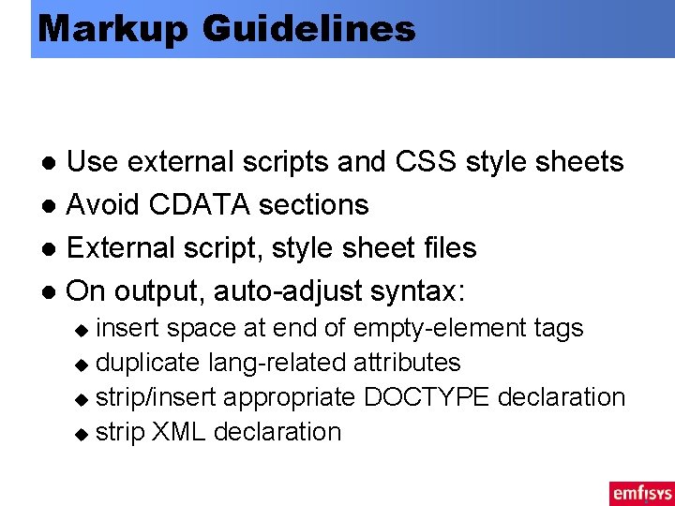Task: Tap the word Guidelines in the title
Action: point(307,29)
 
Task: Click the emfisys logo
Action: point(641,492)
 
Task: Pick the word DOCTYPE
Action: point(427,397)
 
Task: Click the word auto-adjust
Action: point(289,290)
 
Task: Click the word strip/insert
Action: point(156,397)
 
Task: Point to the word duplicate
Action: point(148,363)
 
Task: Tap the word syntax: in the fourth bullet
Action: point(418,290)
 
